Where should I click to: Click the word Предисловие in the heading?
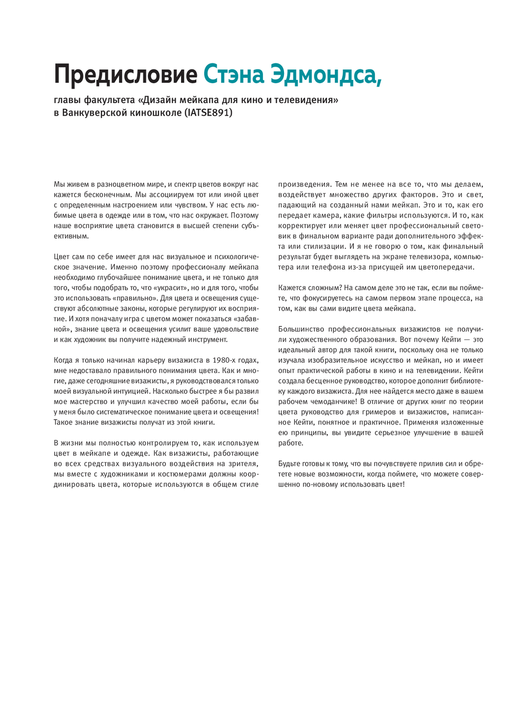point(125,75)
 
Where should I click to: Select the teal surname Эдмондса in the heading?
point(325,75)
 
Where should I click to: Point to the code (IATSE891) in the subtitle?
point(208,112)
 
